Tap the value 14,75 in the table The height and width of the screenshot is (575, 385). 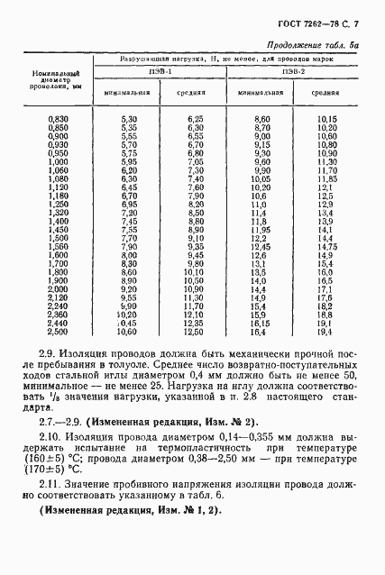pos(326,247)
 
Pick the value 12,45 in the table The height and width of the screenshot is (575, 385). pos(261,247)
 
